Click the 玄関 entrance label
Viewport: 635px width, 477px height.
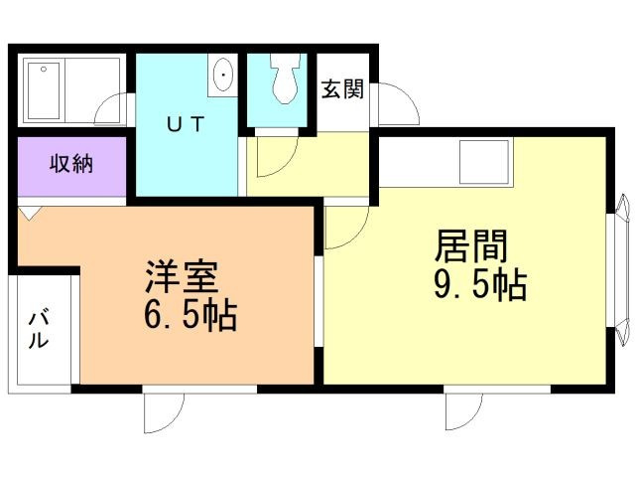click(x=341, y=89)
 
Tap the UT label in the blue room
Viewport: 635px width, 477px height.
click(x=185, y=124)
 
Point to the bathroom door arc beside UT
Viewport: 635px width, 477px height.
click(x=117, y=107)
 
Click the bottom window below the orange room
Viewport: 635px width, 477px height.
click(x=164, y=408)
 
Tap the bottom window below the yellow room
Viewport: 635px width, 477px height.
click(x=464, y=408)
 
